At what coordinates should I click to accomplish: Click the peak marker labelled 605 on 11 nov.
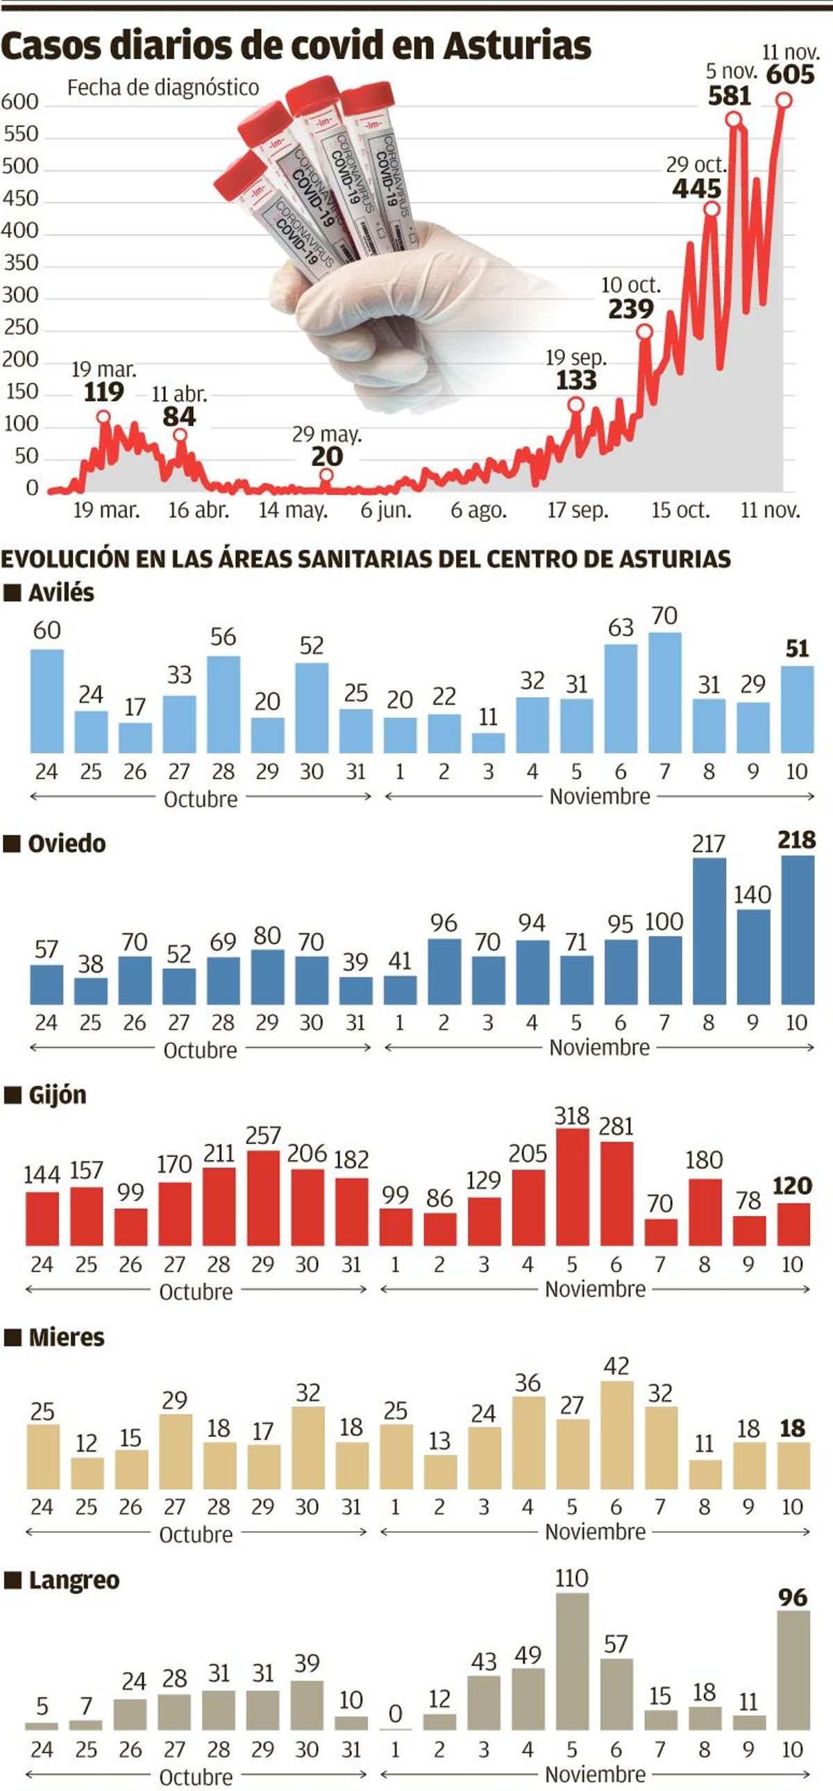click(784, 101)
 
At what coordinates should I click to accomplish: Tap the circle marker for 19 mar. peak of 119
click(103, 417)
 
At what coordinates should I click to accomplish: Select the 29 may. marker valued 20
click(326, 476)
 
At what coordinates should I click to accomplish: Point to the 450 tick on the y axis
click(20, 199)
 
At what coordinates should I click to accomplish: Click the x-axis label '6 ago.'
click(478, 510)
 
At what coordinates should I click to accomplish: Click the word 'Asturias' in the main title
click(516, 46)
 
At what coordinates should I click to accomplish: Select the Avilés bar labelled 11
click(488, 743)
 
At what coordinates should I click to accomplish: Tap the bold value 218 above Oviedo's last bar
click(796, 840)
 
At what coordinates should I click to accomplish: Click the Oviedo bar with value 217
click(709, 931)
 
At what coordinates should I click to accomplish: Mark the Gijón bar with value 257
click(263, 1197)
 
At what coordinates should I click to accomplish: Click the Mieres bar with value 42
click(616, 1434)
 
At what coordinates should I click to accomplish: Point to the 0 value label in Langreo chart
click(395, 1714)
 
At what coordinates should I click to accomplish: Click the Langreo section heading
click(74, 1581)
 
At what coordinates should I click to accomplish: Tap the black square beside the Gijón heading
click(12, 1095)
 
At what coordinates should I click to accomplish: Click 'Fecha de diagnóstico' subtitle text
click(162, 87)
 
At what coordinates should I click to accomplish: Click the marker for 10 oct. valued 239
click(645, 332)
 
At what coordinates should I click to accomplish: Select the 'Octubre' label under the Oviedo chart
click(200, 1050)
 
